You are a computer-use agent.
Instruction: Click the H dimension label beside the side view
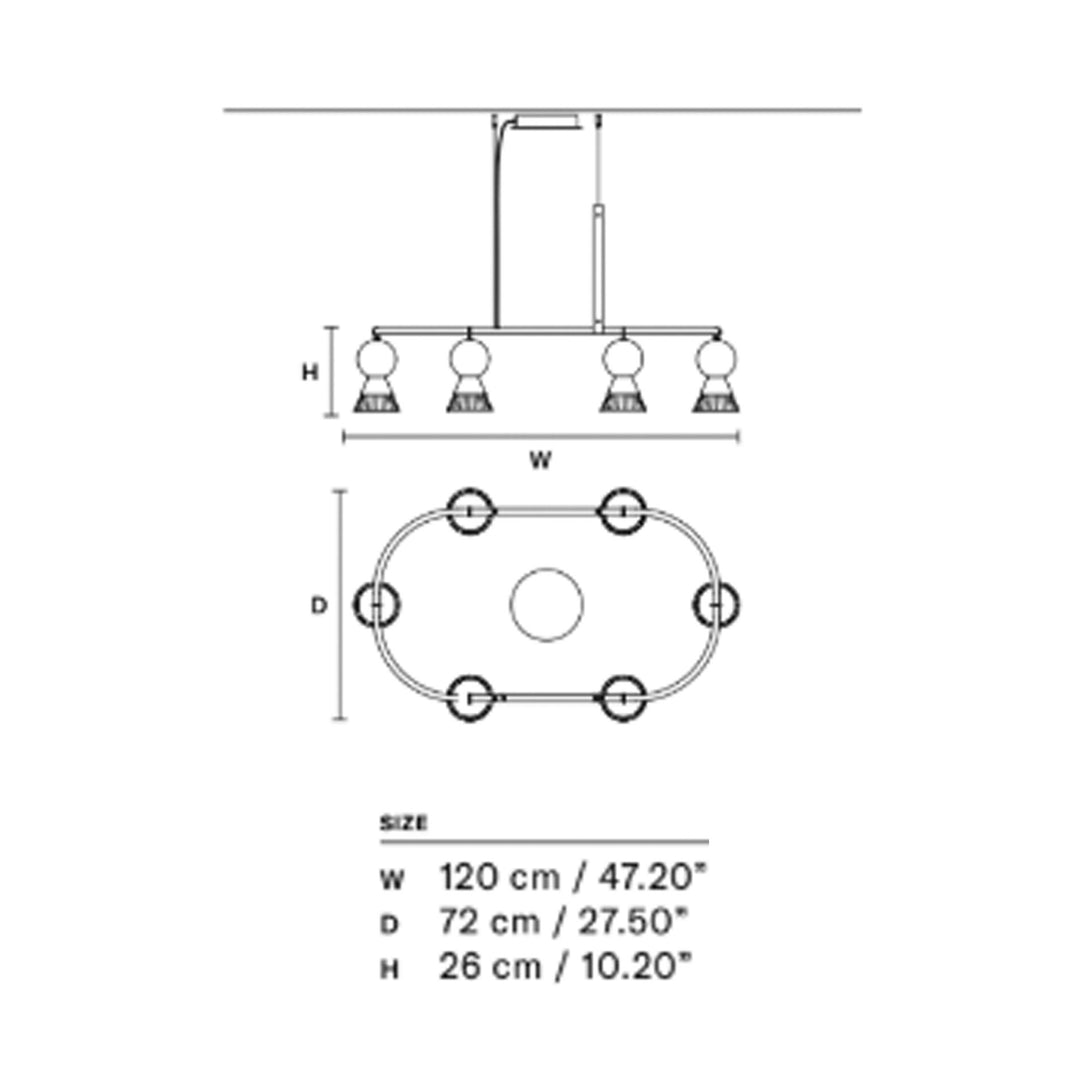pos(310,373)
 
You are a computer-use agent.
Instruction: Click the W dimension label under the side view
pos(540,459)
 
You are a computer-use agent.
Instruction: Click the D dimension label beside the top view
pos(318,606)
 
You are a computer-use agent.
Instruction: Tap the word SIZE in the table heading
pos(403,824)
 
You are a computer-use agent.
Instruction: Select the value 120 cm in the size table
pos(499,878)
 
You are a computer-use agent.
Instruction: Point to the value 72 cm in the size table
pos(489,922)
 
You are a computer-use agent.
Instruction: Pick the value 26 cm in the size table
pos(489,967)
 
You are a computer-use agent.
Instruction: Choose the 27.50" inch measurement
pos(633,922)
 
